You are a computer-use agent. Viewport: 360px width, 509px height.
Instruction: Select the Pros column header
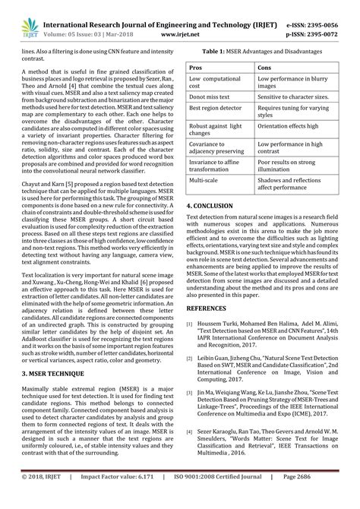point(196,68)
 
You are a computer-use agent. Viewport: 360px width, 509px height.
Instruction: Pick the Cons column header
point(267,68)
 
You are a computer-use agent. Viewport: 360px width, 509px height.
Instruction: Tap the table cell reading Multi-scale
point(207,182)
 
